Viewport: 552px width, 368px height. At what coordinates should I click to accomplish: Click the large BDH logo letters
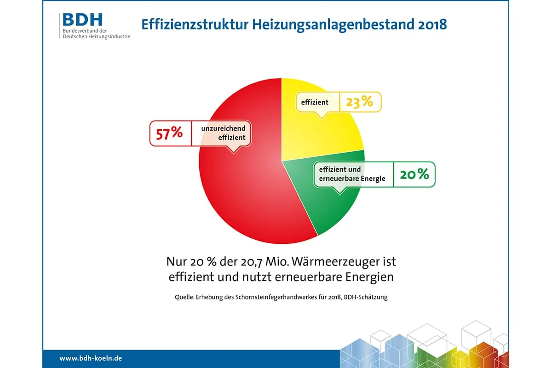click(x=83, y=20)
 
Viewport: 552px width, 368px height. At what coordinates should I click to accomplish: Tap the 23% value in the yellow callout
click(x=359, y=102)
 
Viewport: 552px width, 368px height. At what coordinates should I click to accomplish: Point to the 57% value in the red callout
click(x=169, y=133)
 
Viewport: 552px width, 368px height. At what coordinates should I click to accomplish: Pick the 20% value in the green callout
click(x=414, y=174)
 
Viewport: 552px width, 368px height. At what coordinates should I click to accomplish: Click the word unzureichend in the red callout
click(x=223, y=128)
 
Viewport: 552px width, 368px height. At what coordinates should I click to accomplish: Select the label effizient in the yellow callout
click(x=315, y=102)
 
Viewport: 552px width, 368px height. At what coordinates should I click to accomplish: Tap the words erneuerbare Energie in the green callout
click(x=352, y=178)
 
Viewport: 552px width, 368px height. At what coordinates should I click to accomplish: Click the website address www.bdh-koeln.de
click(x=91, y=358)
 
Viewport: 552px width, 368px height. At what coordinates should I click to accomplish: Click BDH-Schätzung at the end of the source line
click(x=366, y=297)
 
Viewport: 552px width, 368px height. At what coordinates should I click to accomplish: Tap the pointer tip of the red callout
click(x=234, y=152)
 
